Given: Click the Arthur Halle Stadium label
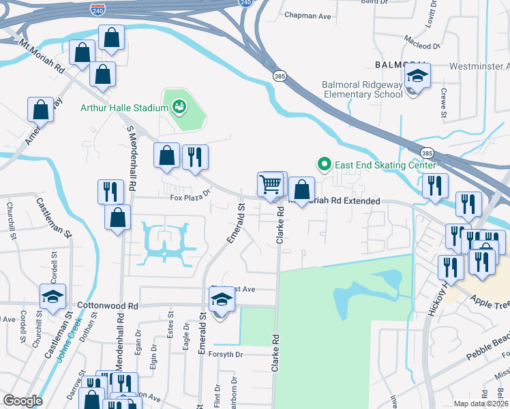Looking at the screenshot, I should (124, 108).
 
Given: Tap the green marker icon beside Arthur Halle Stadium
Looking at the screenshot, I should (179, 106).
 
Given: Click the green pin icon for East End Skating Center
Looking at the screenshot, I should (325, 164).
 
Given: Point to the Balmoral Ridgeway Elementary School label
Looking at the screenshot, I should (362, 89).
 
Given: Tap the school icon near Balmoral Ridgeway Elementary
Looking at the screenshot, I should (417, 76).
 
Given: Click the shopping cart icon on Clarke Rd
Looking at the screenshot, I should (271, 183).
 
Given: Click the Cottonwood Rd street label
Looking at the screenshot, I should (108, 305).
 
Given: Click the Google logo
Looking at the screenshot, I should (22, 401).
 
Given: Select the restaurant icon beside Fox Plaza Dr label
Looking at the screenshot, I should (110, 191).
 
